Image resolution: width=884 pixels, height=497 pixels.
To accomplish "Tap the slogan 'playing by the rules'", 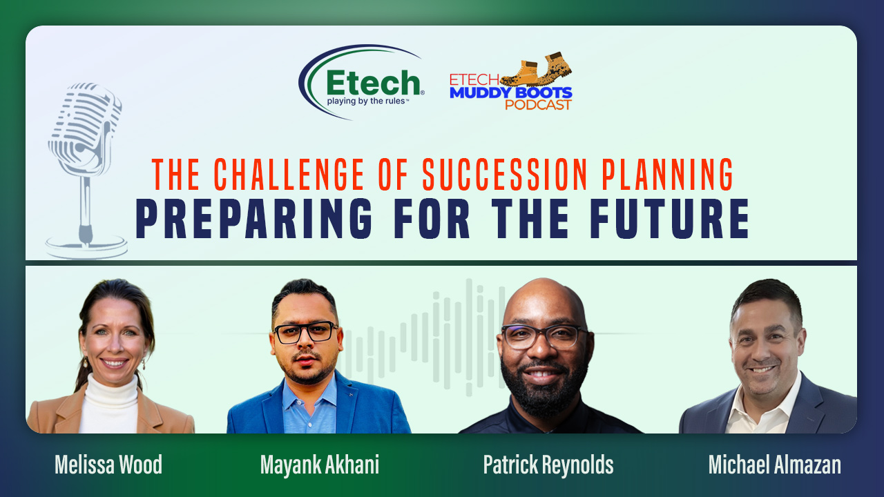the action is tap(366, 101).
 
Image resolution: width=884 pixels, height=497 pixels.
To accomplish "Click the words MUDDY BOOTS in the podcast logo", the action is tap(510, 92).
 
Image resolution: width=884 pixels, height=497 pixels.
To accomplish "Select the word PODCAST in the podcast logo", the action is tap(538, 104).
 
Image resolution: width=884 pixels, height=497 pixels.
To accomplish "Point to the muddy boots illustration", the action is tap(536, 70).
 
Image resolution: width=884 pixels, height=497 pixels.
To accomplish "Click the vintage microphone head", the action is tap(84, 128).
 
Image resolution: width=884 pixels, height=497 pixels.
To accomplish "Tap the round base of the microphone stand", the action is tap(86, 247).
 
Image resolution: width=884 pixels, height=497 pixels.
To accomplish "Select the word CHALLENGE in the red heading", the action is tap(289, 175).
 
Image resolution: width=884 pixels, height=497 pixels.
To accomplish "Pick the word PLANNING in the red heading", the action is tap(667, 175).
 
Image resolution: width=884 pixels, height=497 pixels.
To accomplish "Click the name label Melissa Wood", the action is tap(108, 465).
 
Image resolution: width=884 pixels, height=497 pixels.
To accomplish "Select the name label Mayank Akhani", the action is tap(320, 465).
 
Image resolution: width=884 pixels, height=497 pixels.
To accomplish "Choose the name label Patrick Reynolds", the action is tap(548, 465).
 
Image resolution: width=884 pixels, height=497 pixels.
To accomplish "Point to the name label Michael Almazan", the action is tap(775, 465).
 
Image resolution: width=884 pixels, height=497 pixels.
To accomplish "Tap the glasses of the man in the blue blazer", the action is tap(306, 332).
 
